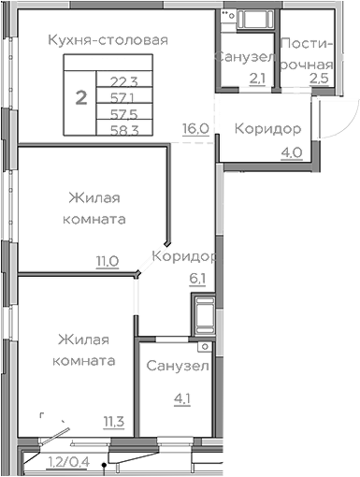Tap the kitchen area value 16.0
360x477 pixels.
(x=195, y=128)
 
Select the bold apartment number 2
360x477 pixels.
(x=81, y=96)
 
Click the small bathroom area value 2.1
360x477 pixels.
(x=258, y=78)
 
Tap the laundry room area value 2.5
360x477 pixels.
(x=319, y=78)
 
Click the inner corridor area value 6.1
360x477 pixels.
(x=197, y=277)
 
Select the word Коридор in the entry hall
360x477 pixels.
(x=267, y=128)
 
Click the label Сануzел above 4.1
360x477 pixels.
(x=179, y=365)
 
